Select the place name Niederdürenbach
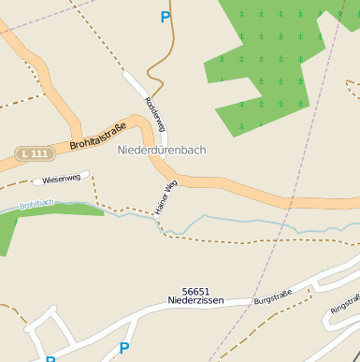[x=162, y=150]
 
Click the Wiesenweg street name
[x=61, y=179]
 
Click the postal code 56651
[x=197, y=291]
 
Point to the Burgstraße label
[x=274, y=297]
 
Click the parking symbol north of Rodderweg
[x=166, y=17]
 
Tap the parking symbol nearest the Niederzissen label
[x=123, y=349]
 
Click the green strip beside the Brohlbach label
[x=56, y=210]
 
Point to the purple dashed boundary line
[x=309, y=140]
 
